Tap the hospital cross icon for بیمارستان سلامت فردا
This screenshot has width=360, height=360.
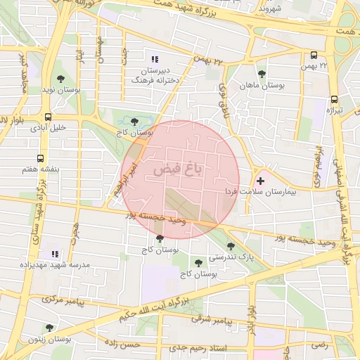[260, 181]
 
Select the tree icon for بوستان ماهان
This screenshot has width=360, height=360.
[262, 73]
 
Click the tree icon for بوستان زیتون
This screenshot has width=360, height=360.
[49, 328]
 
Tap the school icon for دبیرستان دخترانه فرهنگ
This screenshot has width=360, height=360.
[155, 59]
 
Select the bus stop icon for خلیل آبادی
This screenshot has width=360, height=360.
[48, 117]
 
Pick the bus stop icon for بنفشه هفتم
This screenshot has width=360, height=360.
[40, 158]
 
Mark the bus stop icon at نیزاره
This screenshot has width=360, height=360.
[335, 99]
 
